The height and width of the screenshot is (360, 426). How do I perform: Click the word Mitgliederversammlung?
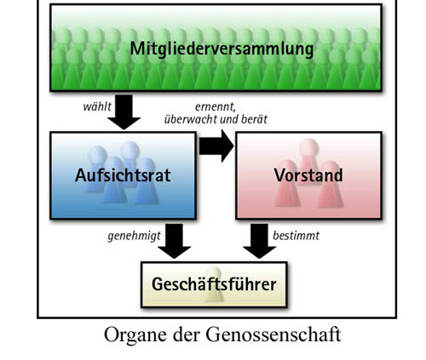click(222, 49)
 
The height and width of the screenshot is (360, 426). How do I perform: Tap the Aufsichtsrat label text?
click(123, 175)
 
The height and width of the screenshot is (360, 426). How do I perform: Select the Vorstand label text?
click(308, 175)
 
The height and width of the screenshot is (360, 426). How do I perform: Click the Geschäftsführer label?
click(214, 284)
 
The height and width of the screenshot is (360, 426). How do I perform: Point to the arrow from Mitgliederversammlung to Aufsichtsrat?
click(124, 112)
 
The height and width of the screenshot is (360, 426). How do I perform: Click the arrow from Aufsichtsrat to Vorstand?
click(216, 146)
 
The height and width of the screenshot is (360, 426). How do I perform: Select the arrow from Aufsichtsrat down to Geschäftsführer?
click(175, 241)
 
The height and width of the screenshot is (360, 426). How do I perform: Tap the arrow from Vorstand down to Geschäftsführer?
click(259, 241)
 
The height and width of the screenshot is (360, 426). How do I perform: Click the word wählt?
click(97, 106)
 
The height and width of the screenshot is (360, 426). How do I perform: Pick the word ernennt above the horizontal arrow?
click(215, 107)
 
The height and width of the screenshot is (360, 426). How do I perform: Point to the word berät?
click(254, 119)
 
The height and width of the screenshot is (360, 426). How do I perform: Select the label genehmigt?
click(134, 236)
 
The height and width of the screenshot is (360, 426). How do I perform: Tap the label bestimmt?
click(296, 236)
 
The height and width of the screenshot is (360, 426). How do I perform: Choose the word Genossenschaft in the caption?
click(273, 334)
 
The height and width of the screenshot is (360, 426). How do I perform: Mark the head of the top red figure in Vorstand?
click(308, 147)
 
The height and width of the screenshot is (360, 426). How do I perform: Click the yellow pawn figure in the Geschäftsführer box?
click(215, 284)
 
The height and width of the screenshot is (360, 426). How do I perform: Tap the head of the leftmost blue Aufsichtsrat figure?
click(97, 155)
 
